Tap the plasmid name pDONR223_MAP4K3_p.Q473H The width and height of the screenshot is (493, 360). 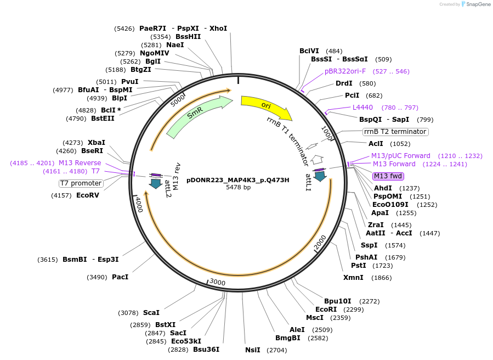pos(238,179)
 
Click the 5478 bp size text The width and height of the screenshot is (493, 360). pos(238,187)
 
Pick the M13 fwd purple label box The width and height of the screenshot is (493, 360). pos(388,176)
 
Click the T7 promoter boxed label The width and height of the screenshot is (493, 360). pos(81,183)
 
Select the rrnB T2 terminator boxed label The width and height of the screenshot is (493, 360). pos(395,132)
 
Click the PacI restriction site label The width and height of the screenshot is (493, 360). pos(120,277)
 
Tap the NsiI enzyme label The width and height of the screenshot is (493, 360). pos(253,350)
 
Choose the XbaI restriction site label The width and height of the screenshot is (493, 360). pos(97,142)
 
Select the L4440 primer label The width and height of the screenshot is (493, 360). pos(362,107)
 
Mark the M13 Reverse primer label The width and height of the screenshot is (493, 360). pos(80,163)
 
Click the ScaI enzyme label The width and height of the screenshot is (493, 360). pos(151,313)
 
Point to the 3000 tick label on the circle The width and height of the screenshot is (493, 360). pos(218,282)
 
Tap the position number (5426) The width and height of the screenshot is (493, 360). pos(124,29)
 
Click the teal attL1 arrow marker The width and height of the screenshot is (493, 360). pos(320,176)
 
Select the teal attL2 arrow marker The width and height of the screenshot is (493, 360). pos(156,183)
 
